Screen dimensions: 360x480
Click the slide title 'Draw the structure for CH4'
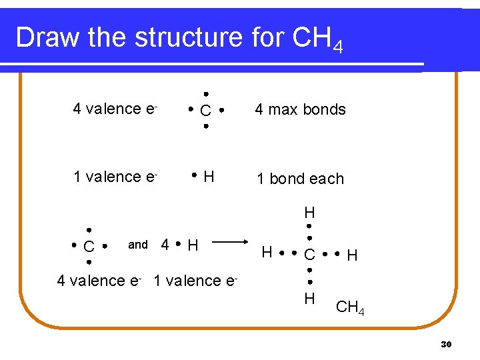(179, 38)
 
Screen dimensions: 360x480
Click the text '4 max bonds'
(300, 109)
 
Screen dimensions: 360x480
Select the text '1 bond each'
(300, 179)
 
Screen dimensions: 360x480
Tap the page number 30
(447, 344)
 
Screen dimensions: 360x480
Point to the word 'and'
(138, 245)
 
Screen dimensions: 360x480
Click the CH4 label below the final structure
(350, 307)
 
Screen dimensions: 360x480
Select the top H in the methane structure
(309, 213)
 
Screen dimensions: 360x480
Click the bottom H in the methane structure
(309, 298)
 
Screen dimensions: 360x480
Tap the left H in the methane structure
(267, 252)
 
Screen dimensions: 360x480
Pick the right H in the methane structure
(352, 255)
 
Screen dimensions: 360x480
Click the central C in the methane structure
(309, 255)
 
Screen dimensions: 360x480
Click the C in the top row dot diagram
(206, 110)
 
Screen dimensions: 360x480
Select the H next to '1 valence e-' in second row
(209, 177)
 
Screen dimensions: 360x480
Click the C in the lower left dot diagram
(89, 246)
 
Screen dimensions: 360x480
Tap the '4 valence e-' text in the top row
(115, 109)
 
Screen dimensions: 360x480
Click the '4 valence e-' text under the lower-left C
(99, 281)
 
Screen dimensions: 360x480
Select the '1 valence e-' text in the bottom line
(195, 281)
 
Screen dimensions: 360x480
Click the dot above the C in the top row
(207, 94)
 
